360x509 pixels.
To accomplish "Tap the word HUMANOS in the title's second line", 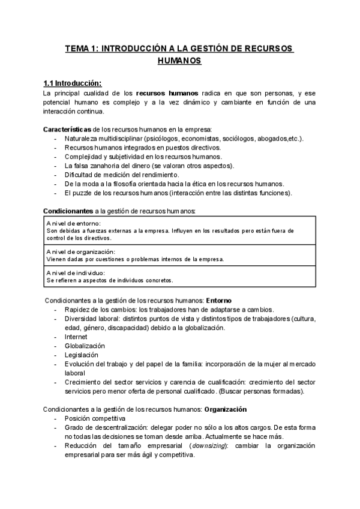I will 179,61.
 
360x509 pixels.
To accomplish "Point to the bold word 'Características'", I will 67,130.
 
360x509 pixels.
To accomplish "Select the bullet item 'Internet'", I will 76,337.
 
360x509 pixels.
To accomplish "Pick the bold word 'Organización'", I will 226,409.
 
